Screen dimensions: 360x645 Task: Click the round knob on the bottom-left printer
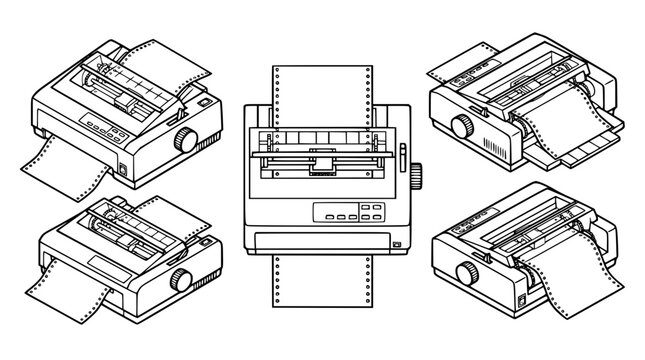pyautogui.click(x=182, y=277)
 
